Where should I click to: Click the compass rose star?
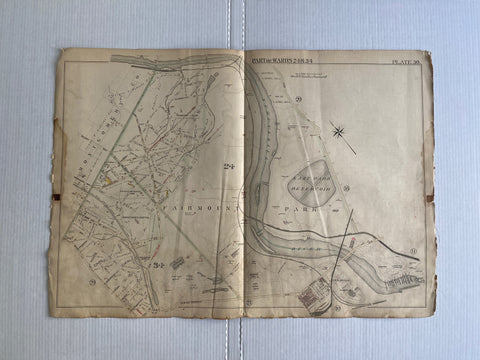(340, 132)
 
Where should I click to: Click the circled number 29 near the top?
(299, 103)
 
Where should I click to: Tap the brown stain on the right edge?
(429, 198)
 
